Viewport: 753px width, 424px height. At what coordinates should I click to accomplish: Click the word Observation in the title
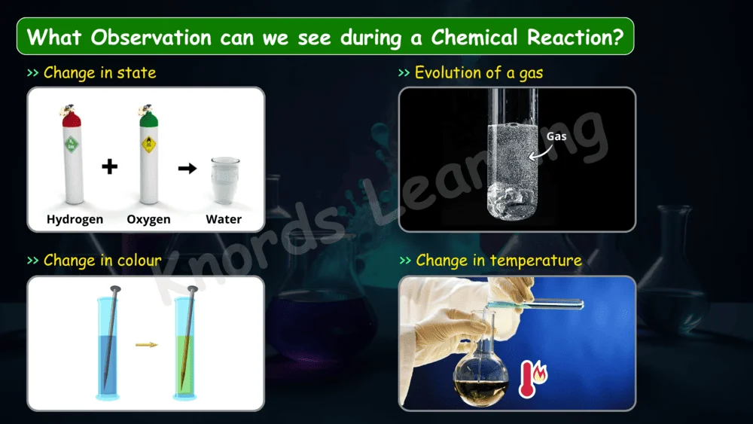pyautogui.click(x=151, y=37)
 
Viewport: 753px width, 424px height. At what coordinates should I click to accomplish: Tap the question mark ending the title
pyautogui.click(x=617, y=37)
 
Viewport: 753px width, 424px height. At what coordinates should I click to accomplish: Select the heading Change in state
pyautogui.click(x=99, y=73)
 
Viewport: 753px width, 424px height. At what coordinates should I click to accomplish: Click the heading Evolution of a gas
pyautogui.click(x=479, y=73)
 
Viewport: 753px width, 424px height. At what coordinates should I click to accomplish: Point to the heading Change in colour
pyautogui.click(x=102, y=261)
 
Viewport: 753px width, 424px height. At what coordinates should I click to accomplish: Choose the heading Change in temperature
pyautogui.click(x=498, y=261)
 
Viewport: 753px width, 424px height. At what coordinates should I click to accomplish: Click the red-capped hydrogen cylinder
pyautogui.click(x=72, y=154)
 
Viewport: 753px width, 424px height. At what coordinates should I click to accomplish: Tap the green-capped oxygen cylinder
pyautogui.click(x=148, y=154)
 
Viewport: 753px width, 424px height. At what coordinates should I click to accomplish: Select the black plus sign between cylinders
pyautogui.click(x=109, y=167)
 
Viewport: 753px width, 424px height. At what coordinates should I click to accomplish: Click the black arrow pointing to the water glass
pyautogui.click(x=187, y=168)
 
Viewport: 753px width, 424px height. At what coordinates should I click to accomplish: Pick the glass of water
pyautogui.click(x=224, y=180)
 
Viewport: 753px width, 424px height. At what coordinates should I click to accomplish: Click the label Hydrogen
pyautogui.click(x=75, y=219)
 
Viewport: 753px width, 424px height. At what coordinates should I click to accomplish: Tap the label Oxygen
pyautogui.click(x=148, y=219)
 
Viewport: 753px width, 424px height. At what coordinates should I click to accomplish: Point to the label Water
pyautogui.click(x=224, y=219)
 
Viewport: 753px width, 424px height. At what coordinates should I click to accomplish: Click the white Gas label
pyautogui.click(x=556, y=136)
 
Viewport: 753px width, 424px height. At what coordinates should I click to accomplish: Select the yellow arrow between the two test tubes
pyautogui.click(x=147, y=344)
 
